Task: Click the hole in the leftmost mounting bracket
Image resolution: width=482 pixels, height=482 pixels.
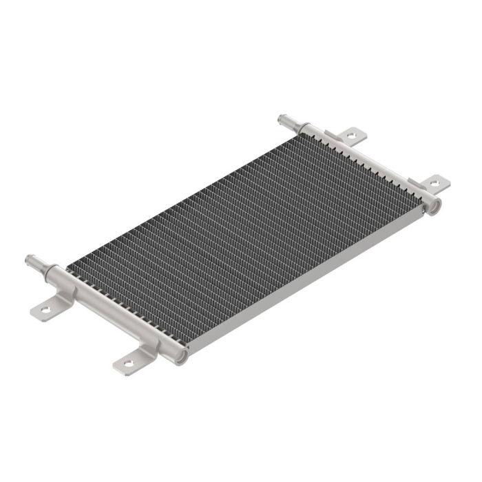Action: tap(46, 310)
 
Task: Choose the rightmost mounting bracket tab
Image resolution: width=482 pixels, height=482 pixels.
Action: tap(432, 184)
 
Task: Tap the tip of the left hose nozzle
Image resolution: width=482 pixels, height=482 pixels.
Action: tap(30, 261)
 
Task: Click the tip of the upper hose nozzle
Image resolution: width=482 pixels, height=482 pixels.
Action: tap(282, 119)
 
